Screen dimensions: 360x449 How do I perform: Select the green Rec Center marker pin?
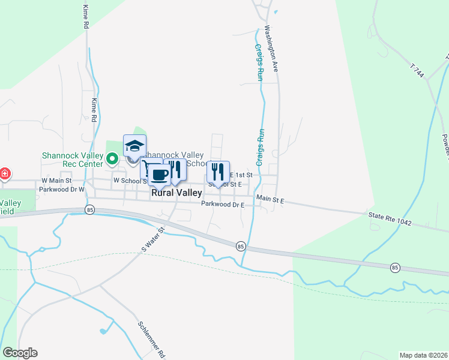click(x=112, y=159)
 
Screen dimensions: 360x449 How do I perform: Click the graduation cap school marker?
click(x=134, y=147)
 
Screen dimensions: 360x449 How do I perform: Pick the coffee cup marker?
click(x=159, y=174)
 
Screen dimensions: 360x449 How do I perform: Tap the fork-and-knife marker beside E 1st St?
click(x=218, y=172)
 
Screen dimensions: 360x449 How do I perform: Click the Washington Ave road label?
click(x=271, y=49)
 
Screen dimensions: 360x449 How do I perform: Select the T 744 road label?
click(x=418, y=71)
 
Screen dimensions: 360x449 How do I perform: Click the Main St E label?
click(x=270, y=198)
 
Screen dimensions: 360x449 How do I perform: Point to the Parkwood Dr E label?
click(x=223, y=205)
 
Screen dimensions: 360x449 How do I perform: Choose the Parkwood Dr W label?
click(x=62, y=189)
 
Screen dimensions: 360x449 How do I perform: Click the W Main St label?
click(x=56, y=180)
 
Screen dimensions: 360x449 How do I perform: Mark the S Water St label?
click(x=152, y=238)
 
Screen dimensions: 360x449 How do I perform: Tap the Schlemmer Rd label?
click(x=151, y=337)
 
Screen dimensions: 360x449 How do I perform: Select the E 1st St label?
click(x=243, y=175)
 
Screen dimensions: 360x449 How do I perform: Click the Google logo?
click(x=20, y=353)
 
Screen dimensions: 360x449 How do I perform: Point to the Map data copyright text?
click(x=423, y=355)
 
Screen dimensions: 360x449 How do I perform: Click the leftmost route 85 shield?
click(x=90, y=209)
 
